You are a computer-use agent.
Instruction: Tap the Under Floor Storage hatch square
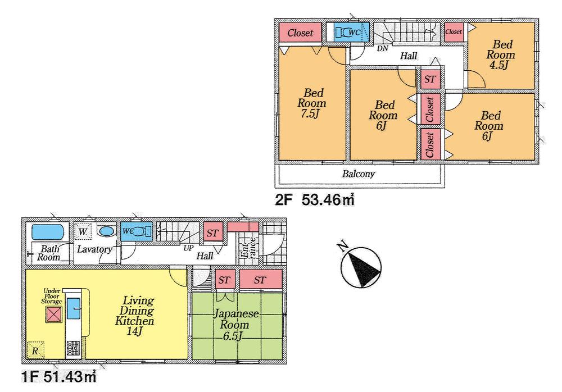[x=53, y=314]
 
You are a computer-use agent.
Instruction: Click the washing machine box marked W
[x=83, y=231]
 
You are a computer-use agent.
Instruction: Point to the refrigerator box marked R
[x=35, y=349]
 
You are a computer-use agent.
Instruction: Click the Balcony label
[x=358, y=174]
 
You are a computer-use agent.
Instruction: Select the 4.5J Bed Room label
[x=500, y=55]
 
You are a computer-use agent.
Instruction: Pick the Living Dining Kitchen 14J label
[x=134, y=314]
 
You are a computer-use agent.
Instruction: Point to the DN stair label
[x=382, y=49]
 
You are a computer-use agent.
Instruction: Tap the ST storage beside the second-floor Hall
[x=430, y=79]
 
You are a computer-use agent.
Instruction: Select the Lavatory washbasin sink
[x=105, y=231]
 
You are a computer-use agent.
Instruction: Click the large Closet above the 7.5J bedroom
[x=300, y=33]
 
